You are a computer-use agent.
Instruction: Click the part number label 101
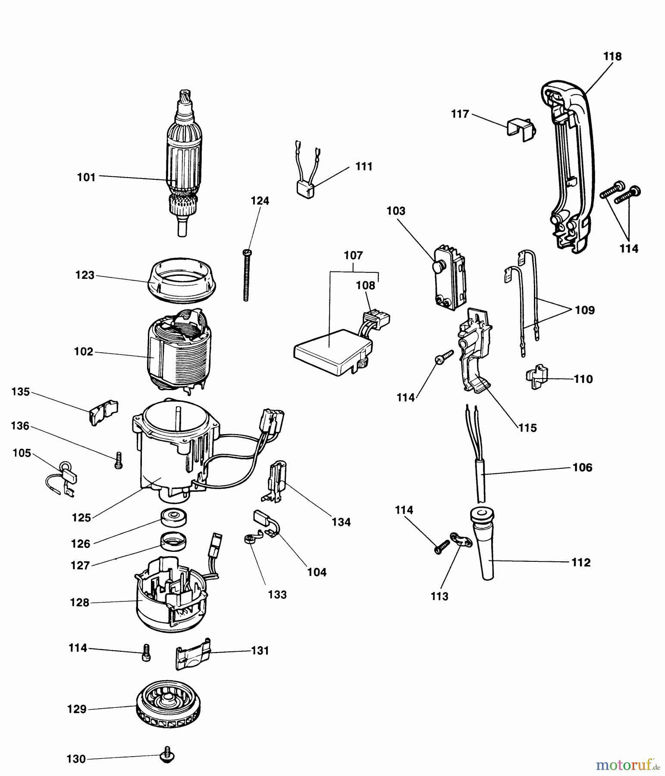tap(86, 177)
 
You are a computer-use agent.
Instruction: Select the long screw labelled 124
tap(246, 275)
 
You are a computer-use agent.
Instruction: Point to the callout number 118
tap(612, 56)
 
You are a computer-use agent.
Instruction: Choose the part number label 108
tap(366, 285)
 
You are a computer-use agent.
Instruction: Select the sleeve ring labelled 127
tap(174, 541)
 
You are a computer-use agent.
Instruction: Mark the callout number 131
tap(260, 651)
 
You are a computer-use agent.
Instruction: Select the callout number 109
tap(585, 310)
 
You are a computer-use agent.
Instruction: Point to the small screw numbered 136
tap(118, 460)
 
